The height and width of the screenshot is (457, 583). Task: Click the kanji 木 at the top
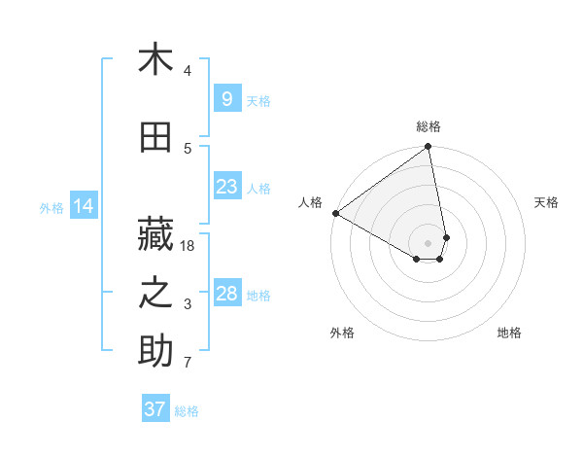point(155,60)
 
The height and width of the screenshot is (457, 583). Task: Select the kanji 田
point(155,136)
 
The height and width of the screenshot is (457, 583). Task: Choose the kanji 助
point(155,351)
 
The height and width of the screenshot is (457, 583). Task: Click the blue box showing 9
point(226,99)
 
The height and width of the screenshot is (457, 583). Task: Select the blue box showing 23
point(226,187)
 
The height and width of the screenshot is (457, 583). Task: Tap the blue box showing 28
point(226,294)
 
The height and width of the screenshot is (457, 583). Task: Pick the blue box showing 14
point(84,206)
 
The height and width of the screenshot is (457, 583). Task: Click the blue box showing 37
point(155,409)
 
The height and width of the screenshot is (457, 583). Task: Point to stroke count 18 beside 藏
point(189,246)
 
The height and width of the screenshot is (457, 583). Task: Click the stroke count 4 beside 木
point(188,71)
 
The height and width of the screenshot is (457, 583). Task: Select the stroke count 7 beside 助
point(188,363)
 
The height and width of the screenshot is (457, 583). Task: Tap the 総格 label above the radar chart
point(429,126)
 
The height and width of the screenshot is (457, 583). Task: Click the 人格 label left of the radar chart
point(311,202)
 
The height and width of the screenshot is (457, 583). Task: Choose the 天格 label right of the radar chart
point(547,202)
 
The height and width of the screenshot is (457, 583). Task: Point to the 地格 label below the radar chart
point(509,333)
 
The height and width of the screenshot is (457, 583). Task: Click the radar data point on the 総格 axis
point(429,148)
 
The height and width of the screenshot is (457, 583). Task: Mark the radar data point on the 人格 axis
point(335,212)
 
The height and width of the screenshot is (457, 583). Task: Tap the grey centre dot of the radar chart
point(429,242)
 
